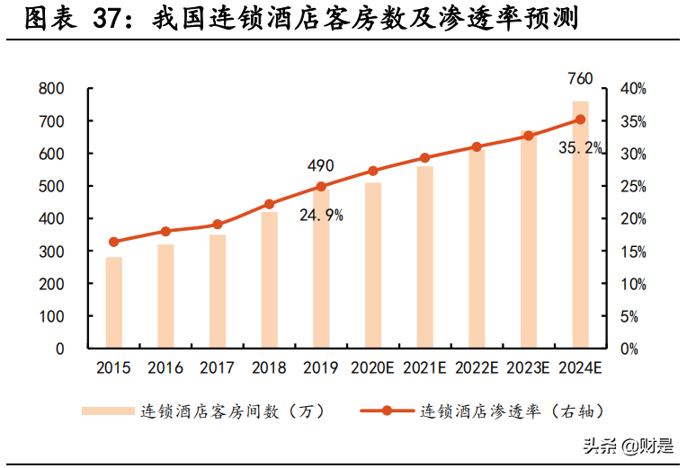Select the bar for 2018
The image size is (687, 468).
tap(269, 279)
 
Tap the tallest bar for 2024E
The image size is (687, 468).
tap(580, 225)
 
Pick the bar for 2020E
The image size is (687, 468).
tap(372, 265)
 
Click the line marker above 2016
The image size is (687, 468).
tap(165, 232)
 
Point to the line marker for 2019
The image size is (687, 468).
tap(321, 187)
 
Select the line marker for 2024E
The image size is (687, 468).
tap(580, 119)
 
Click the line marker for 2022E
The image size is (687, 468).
tap(477, 146)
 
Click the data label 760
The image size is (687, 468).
tap(580, 79)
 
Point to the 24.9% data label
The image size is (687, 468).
tap(321, 216)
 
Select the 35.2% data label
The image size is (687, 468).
tap(580, 148)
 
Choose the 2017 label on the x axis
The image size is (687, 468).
tap(217, 368)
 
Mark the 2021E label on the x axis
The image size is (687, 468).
tap(424, 368)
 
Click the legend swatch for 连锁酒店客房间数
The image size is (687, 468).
tap(107, 411)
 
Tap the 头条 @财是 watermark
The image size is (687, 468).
tap(628, 445)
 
